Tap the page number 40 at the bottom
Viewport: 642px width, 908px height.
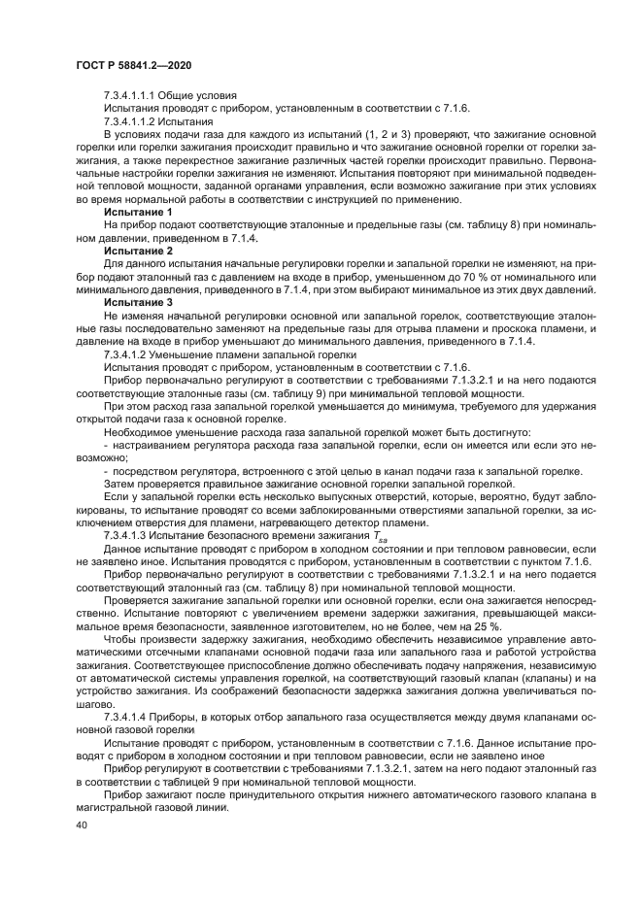click(80, 823)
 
